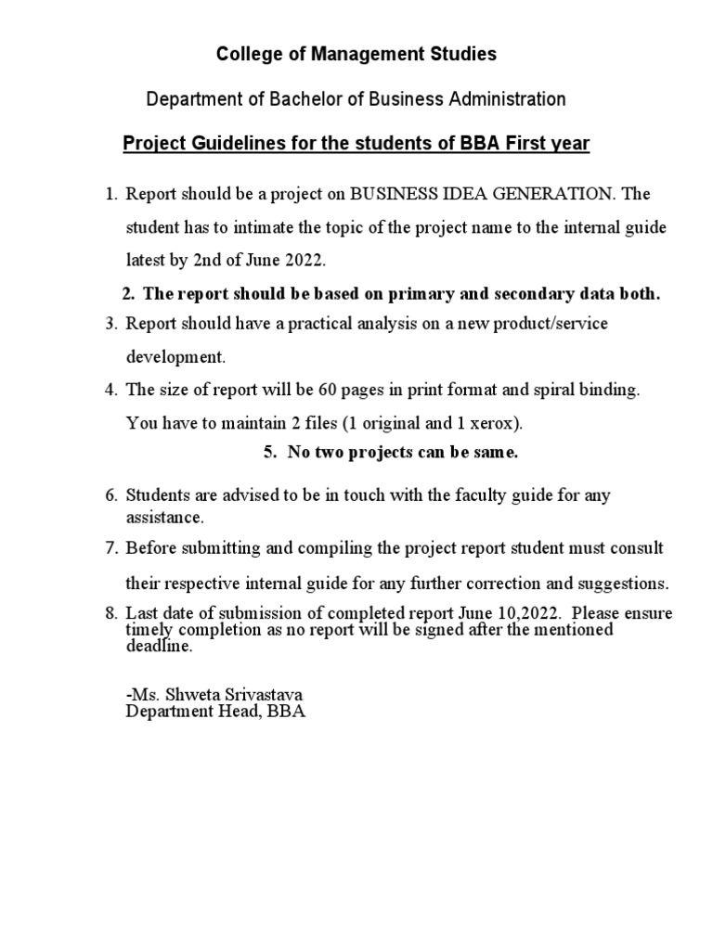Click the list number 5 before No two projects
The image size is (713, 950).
(x=269, y=454)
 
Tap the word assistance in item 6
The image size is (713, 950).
(x=164, y=516)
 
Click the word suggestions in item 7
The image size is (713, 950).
(x=621, y=584)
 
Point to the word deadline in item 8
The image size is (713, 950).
(x=159, y=648)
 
